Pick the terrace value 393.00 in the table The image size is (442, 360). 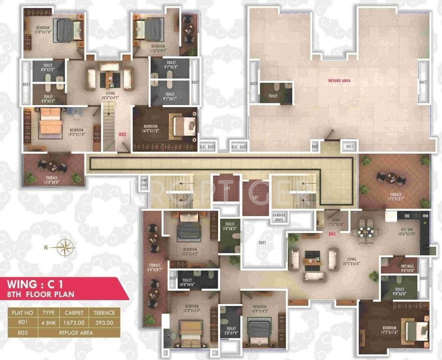[x=104, y=322]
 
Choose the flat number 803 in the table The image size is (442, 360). [x=23, y=332]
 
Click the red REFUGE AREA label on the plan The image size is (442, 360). [x=339, y=81]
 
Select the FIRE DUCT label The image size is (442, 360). [x=144, y=182]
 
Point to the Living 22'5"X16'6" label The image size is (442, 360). [x=349, y=261]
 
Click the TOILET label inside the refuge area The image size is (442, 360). [x=273, y=96]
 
